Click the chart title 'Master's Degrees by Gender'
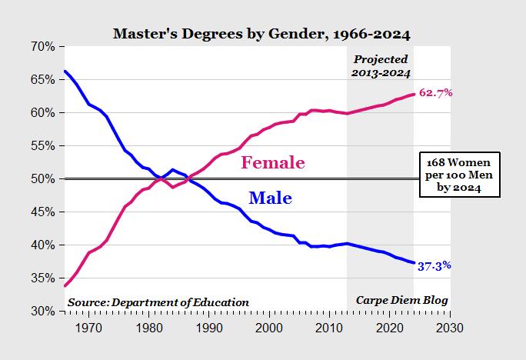click(x=261, y=34)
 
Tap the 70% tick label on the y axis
click(x=42, y=47)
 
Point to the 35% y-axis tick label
click(x=42, y=278)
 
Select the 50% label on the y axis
click(x=42, y=179)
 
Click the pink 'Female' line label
click(x=273, y=162)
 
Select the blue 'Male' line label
click(x=270, y=198)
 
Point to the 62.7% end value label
click(x=435, y=93)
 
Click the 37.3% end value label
click(x=434, y=265)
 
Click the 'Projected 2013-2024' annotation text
click(x=381, y=66)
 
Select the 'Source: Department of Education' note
click(x=158, y=302)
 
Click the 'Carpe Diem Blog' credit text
click(x=401, y=300)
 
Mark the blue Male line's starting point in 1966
click(x=65, y=72)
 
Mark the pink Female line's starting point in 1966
click(x=65, y=285)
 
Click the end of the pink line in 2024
click(x=414, y=95)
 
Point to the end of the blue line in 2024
click(x=414, y=263)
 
